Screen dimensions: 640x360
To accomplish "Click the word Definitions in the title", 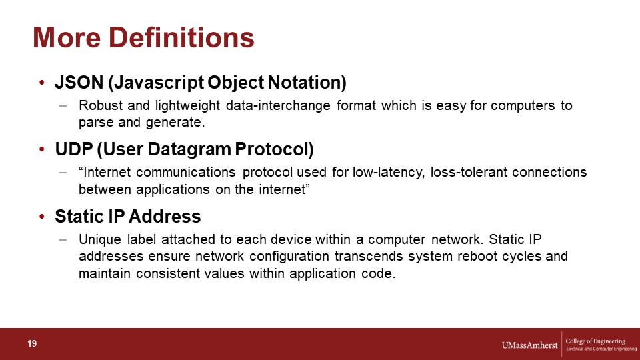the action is (181, 37).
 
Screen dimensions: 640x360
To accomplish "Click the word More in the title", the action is (67, 37).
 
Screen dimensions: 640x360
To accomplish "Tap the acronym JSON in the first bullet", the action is (79, 83).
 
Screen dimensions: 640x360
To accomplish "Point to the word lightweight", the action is (188, 106).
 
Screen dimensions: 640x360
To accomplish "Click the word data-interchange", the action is (278, 105).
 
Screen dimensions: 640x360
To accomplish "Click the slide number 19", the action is (32, 343).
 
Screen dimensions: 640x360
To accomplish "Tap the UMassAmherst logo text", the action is (529, 345).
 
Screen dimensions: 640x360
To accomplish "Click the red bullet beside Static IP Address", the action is (41, 217).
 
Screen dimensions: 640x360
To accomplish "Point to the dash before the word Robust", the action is (63, 106).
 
